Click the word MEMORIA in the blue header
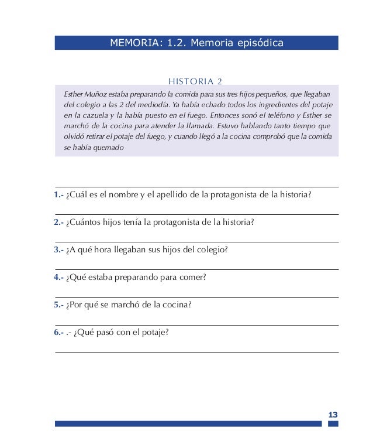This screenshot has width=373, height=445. click(x=133, y=43)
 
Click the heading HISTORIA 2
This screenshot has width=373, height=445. click(x=195, y=81)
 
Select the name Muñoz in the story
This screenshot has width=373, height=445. click(x=94, y=94)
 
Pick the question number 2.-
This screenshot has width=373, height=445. click(x=58, y=222)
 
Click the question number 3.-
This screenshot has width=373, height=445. click(x=58, y=250)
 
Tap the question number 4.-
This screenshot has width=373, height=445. click(x=58, y=278)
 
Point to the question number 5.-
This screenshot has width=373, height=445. click(x=58, y=305)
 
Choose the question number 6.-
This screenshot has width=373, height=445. click(x=58, y=333)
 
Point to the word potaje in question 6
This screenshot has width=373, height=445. click(x=154, y=333)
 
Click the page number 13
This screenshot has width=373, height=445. click(x=333, y=415)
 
